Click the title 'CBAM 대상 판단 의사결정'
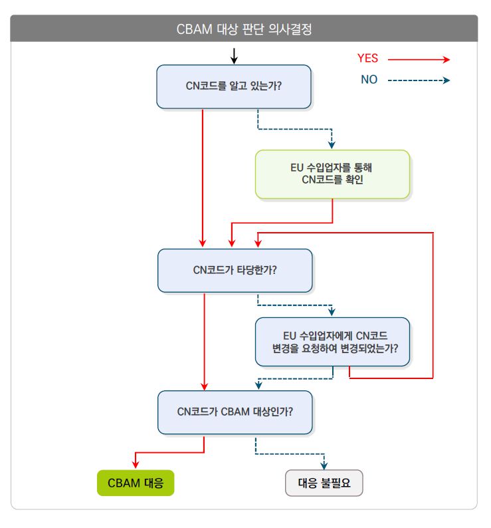pos(245,29)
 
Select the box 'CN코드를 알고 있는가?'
pos(234,86)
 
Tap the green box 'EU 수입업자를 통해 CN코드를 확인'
pos(332,174)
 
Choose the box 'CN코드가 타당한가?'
pos(235,270)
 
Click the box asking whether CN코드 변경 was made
pos(332,342)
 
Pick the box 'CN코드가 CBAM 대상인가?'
pos(235,412)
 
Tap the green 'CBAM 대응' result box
pos(136,483)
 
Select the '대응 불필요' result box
pos(324,483)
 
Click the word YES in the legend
pos(367,59)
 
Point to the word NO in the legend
pos(369,80)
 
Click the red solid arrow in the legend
pos(419,59)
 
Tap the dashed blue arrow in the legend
pos(419,80)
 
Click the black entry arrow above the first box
pos(234,57)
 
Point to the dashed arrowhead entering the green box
pos(332,145)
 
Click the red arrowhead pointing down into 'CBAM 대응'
pos(136,465)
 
